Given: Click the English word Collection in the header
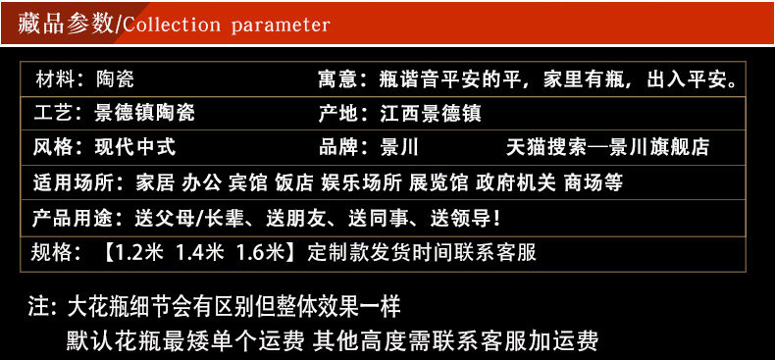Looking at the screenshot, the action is pyautogui.click(x=172, y=25).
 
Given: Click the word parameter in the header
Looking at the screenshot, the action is pyautogui.click(x=281, y=26).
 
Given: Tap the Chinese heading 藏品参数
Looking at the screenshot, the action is pyautogui.click(x=66, y=25).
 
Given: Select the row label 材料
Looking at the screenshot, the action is pyautogui.click(x=54, y=79).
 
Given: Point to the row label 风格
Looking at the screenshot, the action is pyautogui.click(x=52, y=147).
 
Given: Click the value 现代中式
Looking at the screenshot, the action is pyautogui.click(x=135, y=147).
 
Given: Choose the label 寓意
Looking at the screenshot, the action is pyautogui.click(x=337, y=79).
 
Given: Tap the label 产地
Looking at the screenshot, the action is pyautogui.click(x=337, y=113).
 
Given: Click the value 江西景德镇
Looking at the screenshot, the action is pyautogui.click(x=431, y=113).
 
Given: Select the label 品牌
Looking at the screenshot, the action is pyautogui.click(x=337, y=147).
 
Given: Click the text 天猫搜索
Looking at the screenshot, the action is pyautogui.click(x=546, y=147).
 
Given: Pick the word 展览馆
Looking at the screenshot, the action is pyautogui.click(x=439, y=182).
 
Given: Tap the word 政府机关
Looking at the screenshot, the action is pyautogui.click(x=515, y=182).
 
